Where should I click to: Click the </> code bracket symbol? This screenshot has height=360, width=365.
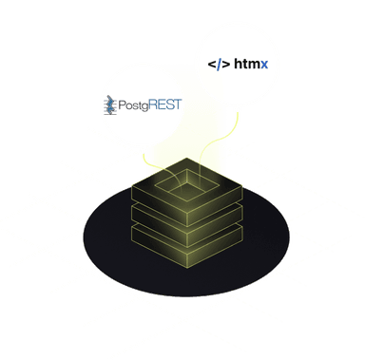[x=218, y=66]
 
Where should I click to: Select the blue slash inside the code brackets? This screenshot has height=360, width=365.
[x=218, y=66]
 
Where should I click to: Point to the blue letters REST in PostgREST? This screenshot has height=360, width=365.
[x=163, y=104]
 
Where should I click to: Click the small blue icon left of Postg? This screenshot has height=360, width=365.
[x=110, y=104]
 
